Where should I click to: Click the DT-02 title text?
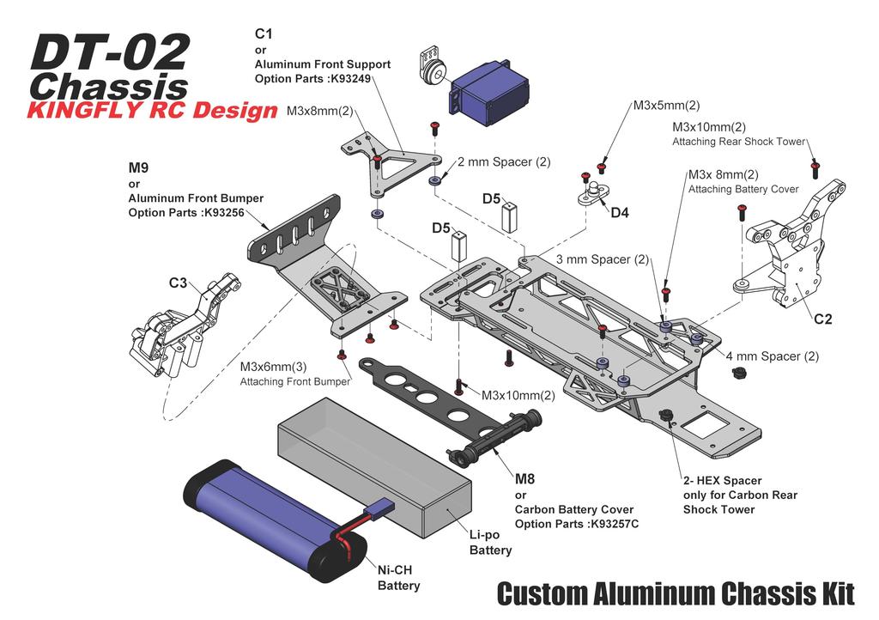(109, 53)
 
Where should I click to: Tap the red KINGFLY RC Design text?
(153, 111)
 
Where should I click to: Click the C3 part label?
(178, 283)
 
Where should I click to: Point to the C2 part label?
(822, 319)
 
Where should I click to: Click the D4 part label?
(619, 212)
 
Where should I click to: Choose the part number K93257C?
(614, 524)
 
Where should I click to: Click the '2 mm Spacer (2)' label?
(504, 161)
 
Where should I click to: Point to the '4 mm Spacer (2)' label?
(773, 356)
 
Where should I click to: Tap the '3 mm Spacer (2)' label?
(603, 259)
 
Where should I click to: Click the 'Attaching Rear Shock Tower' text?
(738, 142)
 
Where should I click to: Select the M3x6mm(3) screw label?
(273, 367)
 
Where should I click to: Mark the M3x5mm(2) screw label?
(666, 106)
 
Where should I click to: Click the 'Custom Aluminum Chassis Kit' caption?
(676, 593)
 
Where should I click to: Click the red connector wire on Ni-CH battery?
(346, 537)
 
